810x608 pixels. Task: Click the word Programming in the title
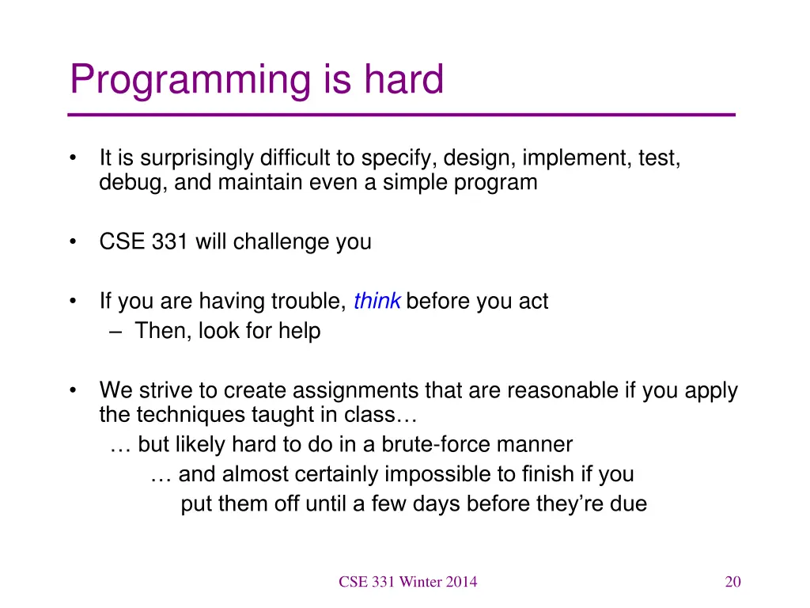point(191,80)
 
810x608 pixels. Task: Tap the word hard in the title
point(404,78)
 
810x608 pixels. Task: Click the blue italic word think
point(377,300)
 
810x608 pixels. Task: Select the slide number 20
point(733,582)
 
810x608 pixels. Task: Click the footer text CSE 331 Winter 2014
point(408,582)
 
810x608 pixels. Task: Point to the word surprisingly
point(197,158)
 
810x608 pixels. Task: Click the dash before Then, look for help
point(115,332)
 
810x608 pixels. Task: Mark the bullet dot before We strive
point(73,390)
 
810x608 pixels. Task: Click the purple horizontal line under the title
point(401,115)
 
